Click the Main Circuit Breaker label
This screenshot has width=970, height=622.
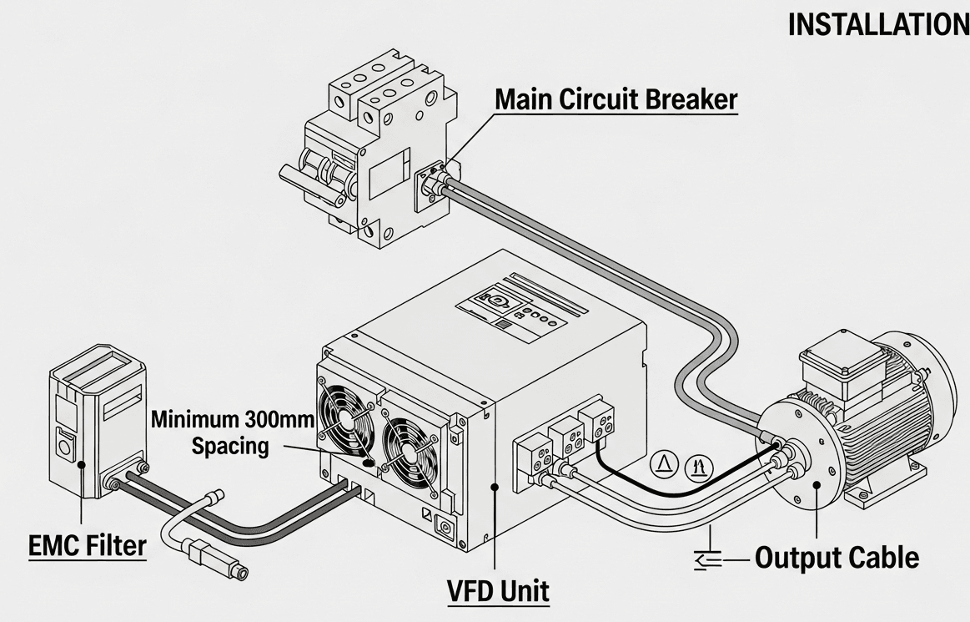point(616,99)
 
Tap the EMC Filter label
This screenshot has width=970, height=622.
point(87,546)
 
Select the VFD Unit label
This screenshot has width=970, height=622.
point(498,590)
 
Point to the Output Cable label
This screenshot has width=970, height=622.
point(837,557)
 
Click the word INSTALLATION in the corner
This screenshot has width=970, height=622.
point(877,25)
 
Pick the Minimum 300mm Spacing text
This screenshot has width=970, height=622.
point(230,432)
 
